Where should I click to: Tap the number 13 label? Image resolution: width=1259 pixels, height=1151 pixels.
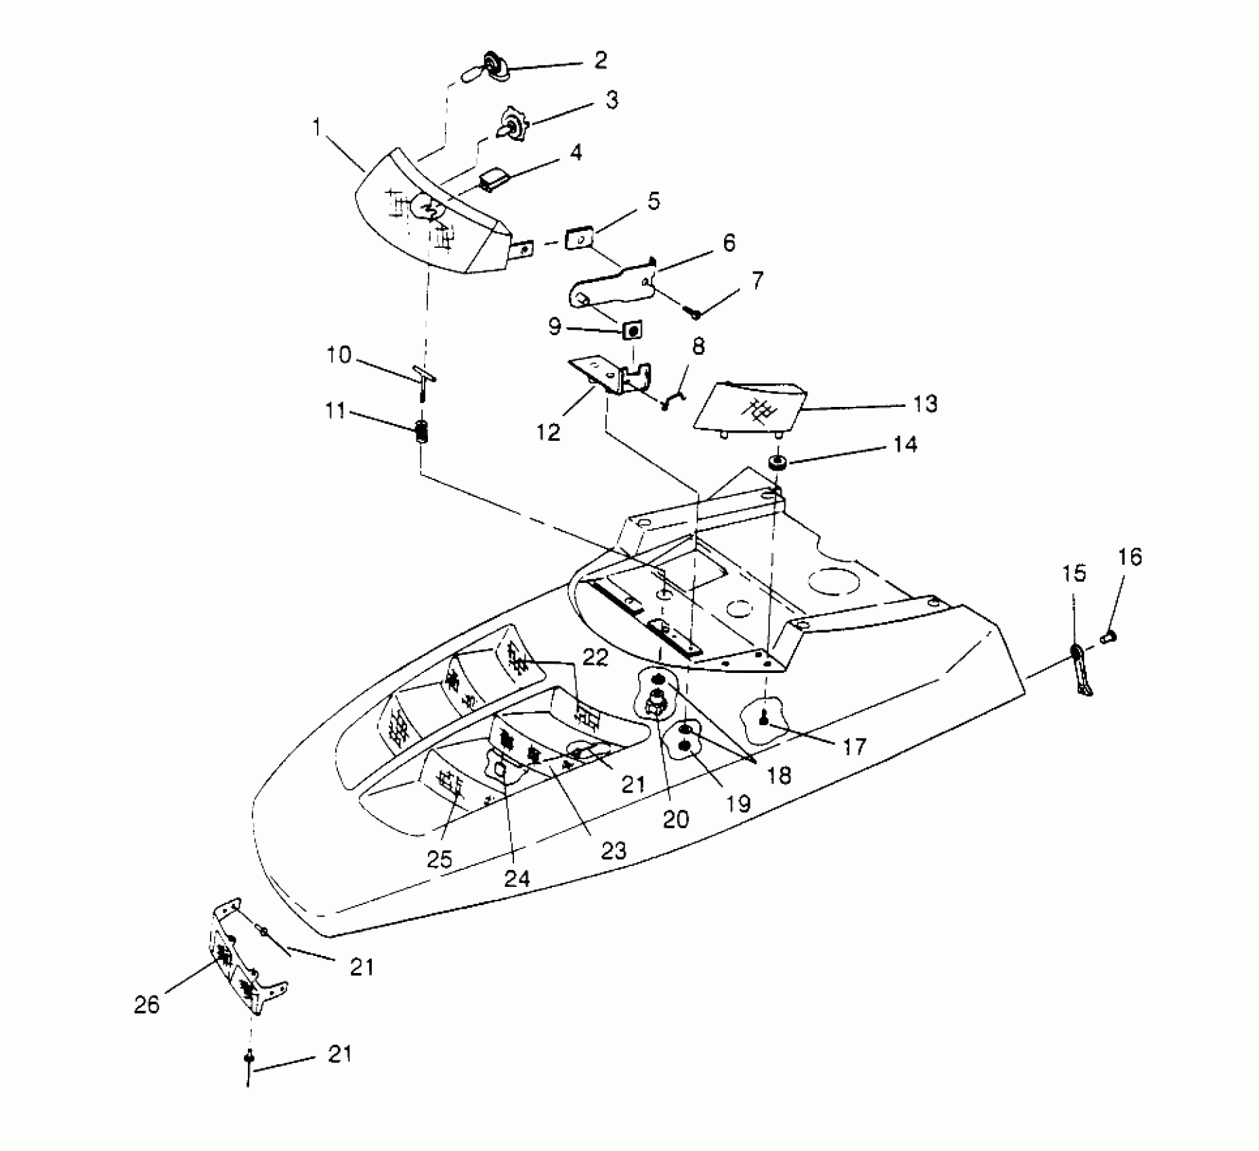pyautogui.click(x=924, y=404)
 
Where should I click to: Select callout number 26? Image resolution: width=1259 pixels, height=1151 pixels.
pyautogui.click(x=146, y=1004)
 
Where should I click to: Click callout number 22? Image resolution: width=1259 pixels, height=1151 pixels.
pyautogui.click(x=595, y=657)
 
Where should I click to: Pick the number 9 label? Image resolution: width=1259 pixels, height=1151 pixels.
pyautogui.click(x=555, y=328)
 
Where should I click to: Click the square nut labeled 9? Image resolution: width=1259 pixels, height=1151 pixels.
pyautogui.click(x=633, y=330)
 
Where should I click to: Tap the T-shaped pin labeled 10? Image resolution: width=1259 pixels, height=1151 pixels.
pyautogui.click(x=423, y=376)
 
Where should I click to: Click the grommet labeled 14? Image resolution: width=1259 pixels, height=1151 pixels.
pyautogui.click(x=777, y=463)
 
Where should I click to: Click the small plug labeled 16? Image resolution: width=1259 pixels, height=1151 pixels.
pyautogui.click(x=1109, y=636)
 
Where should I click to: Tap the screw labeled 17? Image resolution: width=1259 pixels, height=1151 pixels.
pyautogui.click(x=763, y=720)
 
